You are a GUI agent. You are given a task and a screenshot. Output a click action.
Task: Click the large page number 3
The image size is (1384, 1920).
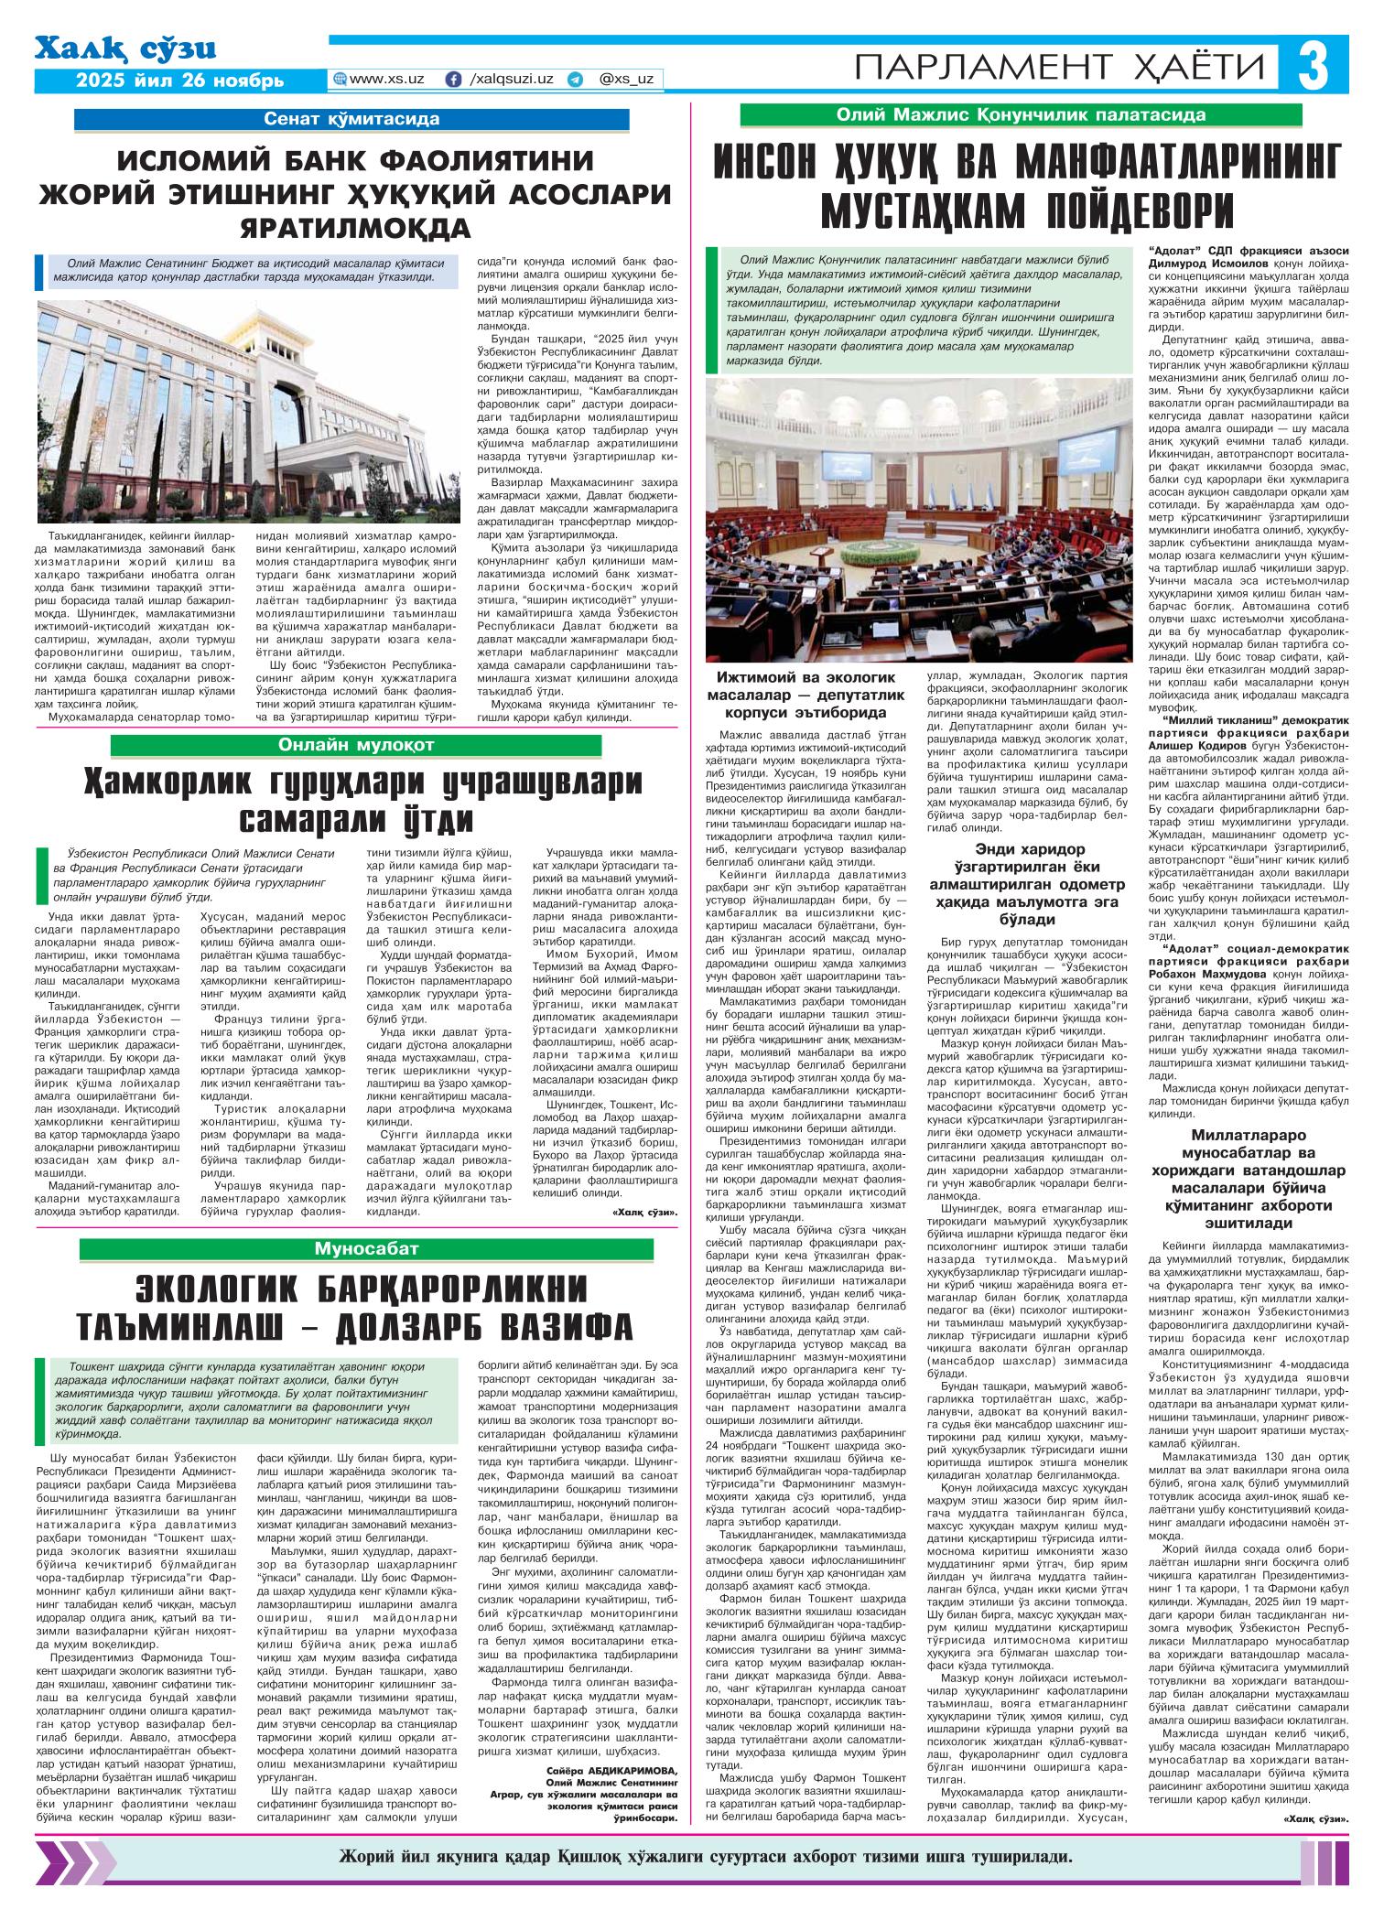1319,65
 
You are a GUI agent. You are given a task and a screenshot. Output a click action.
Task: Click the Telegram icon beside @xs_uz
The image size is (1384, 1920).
575,80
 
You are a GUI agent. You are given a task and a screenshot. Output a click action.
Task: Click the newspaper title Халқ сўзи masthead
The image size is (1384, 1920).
125,49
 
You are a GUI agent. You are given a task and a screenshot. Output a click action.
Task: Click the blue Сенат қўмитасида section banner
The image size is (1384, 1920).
351,119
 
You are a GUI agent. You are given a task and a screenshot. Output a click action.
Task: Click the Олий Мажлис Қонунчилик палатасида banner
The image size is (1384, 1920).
1021,114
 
